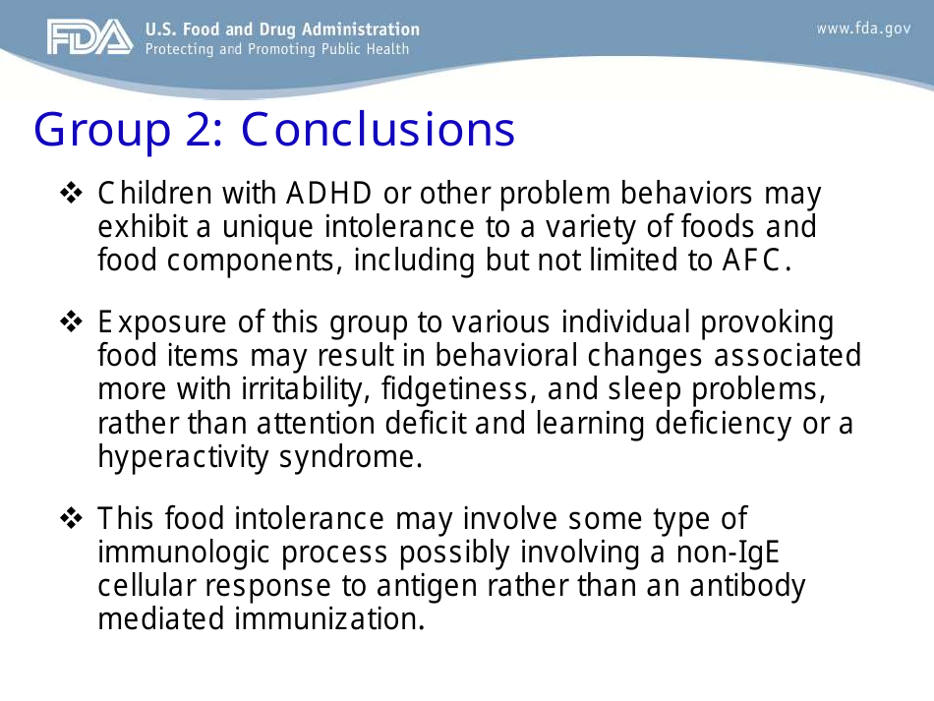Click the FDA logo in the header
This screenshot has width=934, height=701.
(88, 37)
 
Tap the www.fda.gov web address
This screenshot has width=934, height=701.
(863, 29)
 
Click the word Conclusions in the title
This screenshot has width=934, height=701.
(378, 130)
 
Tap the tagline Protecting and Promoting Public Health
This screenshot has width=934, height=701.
(277, 49)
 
